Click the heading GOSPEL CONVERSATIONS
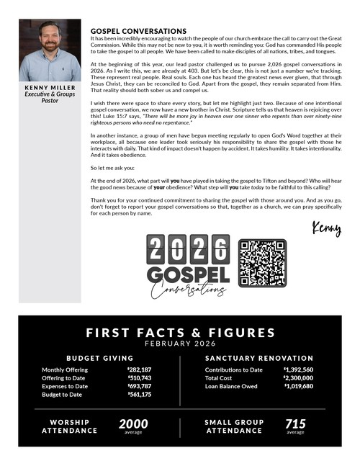[x=138, y=32]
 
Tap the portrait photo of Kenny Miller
[x=50, y=51]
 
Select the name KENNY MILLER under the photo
[x=50, y=89]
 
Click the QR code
[x=262, y=263]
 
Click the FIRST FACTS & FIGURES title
[x=180, y=333]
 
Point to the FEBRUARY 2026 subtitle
[x=180, y=344]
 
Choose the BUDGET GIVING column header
[x=100, y=358]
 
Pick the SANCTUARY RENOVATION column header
[x=259, y=358]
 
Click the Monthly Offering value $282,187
[x=139, y=370]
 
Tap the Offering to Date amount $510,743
[x=139, y=378]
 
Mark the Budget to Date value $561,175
[x=139, y=395]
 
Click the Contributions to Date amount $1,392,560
[x=298, y=370]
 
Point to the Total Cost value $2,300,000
[x=298, y=378]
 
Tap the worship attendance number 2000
[x=133, y=424]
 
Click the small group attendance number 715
[x=295, y=424]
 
